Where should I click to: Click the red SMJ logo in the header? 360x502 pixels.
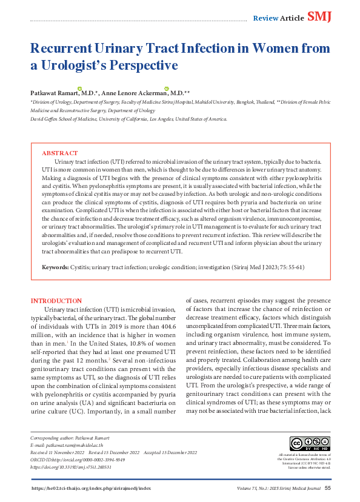320,16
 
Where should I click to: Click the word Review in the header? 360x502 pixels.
265,18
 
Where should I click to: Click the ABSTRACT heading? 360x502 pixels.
59,153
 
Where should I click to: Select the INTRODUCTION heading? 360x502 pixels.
56,301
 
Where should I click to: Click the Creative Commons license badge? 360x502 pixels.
305,444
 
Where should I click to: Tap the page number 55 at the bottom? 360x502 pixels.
328,488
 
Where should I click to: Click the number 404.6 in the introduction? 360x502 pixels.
167,325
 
